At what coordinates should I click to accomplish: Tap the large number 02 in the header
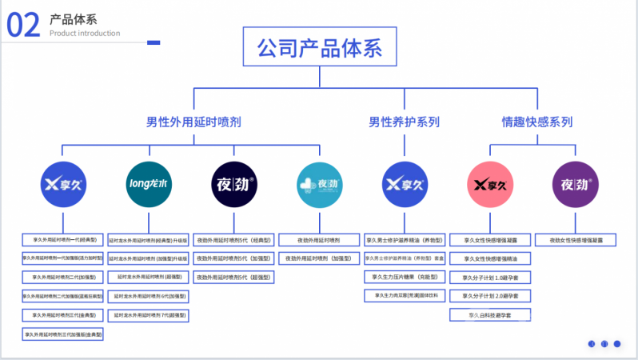23,26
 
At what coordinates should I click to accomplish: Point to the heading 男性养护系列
404,122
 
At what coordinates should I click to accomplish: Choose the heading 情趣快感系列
536,122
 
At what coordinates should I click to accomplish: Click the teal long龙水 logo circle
149,185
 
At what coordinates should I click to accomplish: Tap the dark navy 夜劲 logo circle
234,185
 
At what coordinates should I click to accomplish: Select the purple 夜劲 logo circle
576,185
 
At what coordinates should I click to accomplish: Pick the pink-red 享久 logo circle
490,185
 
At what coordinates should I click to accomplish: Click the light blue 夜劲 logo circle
319,185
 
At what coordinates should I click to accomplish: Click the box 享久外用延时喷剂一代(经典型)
63,239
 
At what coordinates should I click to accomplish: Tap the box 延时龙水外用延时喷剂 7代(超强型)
149,315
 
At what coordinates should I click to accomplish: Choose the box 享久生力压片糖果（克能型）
405,277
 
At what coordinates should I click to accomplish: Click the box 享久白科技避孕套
490,315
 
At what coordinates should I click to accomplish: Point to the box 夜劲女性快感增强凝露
576,239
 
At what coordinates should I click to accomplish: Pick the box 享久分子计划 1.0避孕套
490,277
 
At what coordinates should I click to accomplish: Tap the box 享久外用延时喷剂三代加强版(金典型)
63,334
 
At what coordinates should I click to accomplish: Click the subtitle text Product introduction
85,34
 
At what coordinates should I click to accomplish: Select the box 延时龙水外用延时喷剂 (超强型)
149,277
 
